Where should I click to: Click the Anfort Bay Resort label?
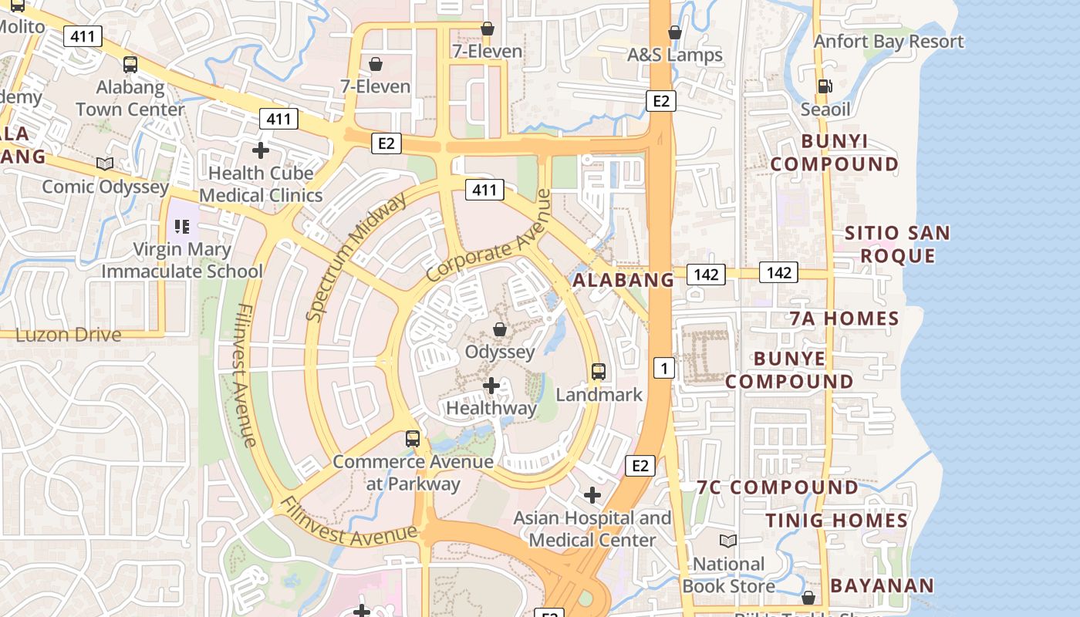tap(889, 41)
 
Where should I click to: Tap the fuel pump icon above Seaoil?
tap(825, 86)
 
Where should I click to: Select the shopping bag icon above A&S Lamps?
tap(675, 32)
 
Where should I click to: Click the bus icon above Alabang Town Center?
tap(130, 65)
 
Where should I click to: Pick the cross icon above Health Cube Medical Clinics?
tap(261, 150)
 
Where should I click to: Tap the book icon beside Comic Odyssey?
tap(105, 164)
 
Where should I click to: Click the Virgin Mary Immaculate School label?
tap(182, 260)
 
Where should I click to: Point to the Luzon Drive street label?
tap(69, 335)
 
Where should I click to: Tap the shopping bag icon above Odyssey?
tap(500, 330)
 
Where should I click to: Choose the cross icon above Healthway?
tap(491, 385)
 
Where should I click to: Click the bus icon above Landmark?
tap(599, 372)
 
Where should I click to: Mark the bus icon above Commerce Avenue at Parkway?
tap(413, 440)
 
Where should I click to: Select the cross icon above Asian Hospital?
tap(592, 495)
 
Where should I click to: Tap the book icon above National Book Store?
tap(728, 541)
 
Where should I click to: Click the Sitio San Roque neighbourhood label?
tap(897, 244)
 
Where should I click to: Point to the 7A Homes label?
tap(844, 319)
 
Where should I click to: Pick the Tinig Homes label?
tap(837, 521)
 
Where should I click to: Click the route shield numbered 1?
tap(664, 368)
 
